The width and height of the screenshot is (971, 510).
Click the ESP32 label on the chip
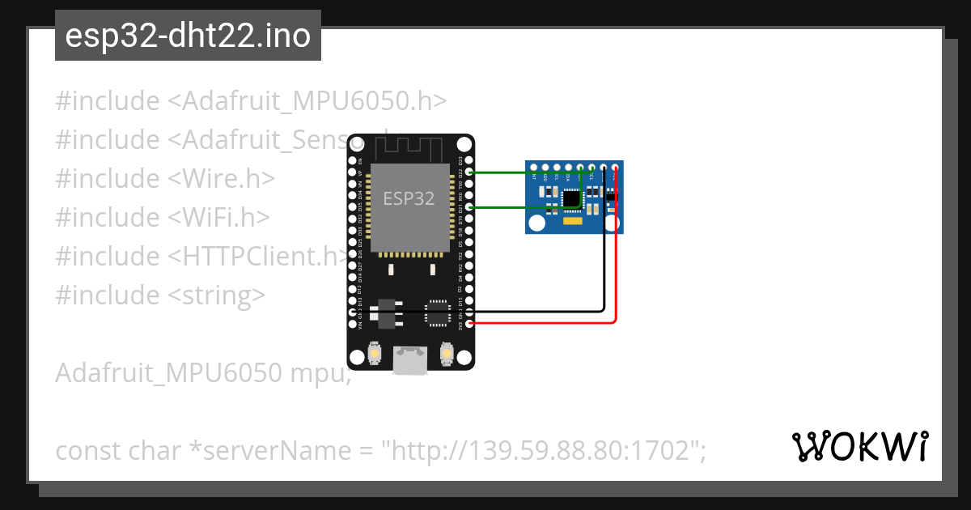point(409,198)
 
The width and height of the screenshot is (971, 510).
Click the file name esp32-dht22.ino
point(188,36)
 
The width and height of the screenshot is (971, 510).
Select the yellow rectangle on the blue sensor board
point(573,220)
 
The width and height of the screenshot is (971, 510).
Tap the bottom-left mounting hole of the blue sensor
point(536,223)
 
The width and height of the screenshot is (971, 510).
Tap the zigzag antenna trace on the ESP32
point(410,148)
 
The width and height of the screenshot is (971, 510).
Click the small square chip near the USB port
point(438,312)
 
